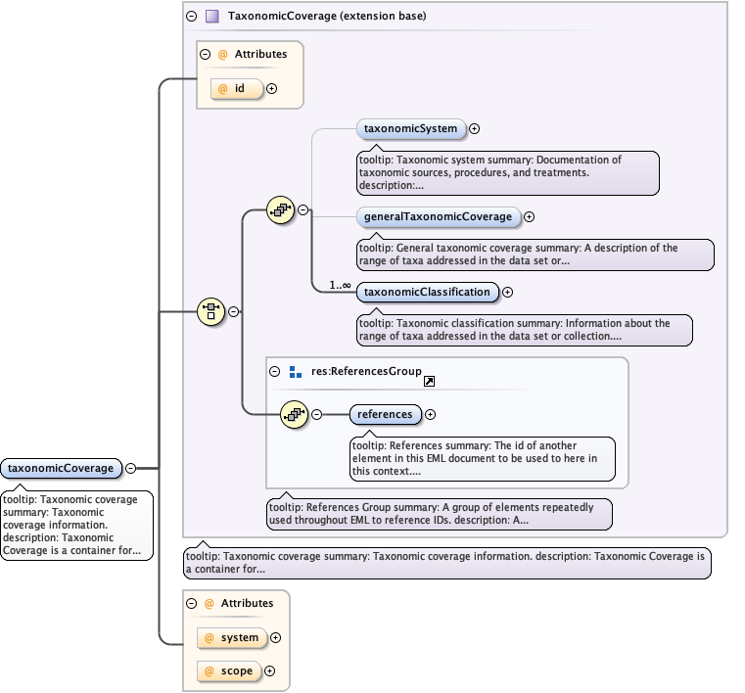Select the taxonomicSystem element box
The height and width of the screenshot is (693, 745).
pos(410,128)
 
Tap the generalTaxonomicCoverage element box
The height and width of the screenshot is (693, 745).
pos(438,216)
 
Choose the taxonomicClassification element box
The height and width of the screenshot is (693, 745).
pos(426,292)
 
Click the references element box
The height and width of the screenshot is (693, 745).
pos(385,414)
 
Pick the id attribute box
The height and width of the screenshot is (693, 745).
pos(237,89)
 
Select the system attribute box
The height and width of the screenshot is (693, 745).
pos(230,637)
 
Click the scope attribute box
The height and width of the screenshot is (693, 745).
pos(228,671)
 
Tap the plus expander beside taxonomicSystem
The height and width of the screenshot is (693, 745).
pos(475,128)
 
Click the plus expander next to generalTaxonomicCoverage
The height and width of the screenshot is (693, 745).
pos(530,216)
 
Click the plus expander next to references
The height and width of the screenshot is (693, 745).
pos(431,415)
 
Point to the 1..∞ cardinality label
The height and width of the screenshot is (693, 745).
pos(341,285)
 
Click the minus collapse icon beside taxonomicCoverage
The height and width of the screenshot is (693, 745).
pos(130,468)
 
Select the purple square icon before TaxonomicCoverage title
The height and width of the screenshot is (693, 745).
pos(212,17)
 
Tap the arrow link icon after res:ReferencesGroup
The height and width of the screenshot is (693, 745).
pos(429,381)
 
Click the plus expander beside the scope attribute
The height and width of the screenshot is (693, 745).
pos(269,671)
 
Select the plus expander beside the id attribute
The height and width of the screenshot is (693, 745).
pos(271,89)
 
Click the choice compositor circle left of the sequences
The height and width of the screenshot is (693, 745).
pos(211,312)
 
